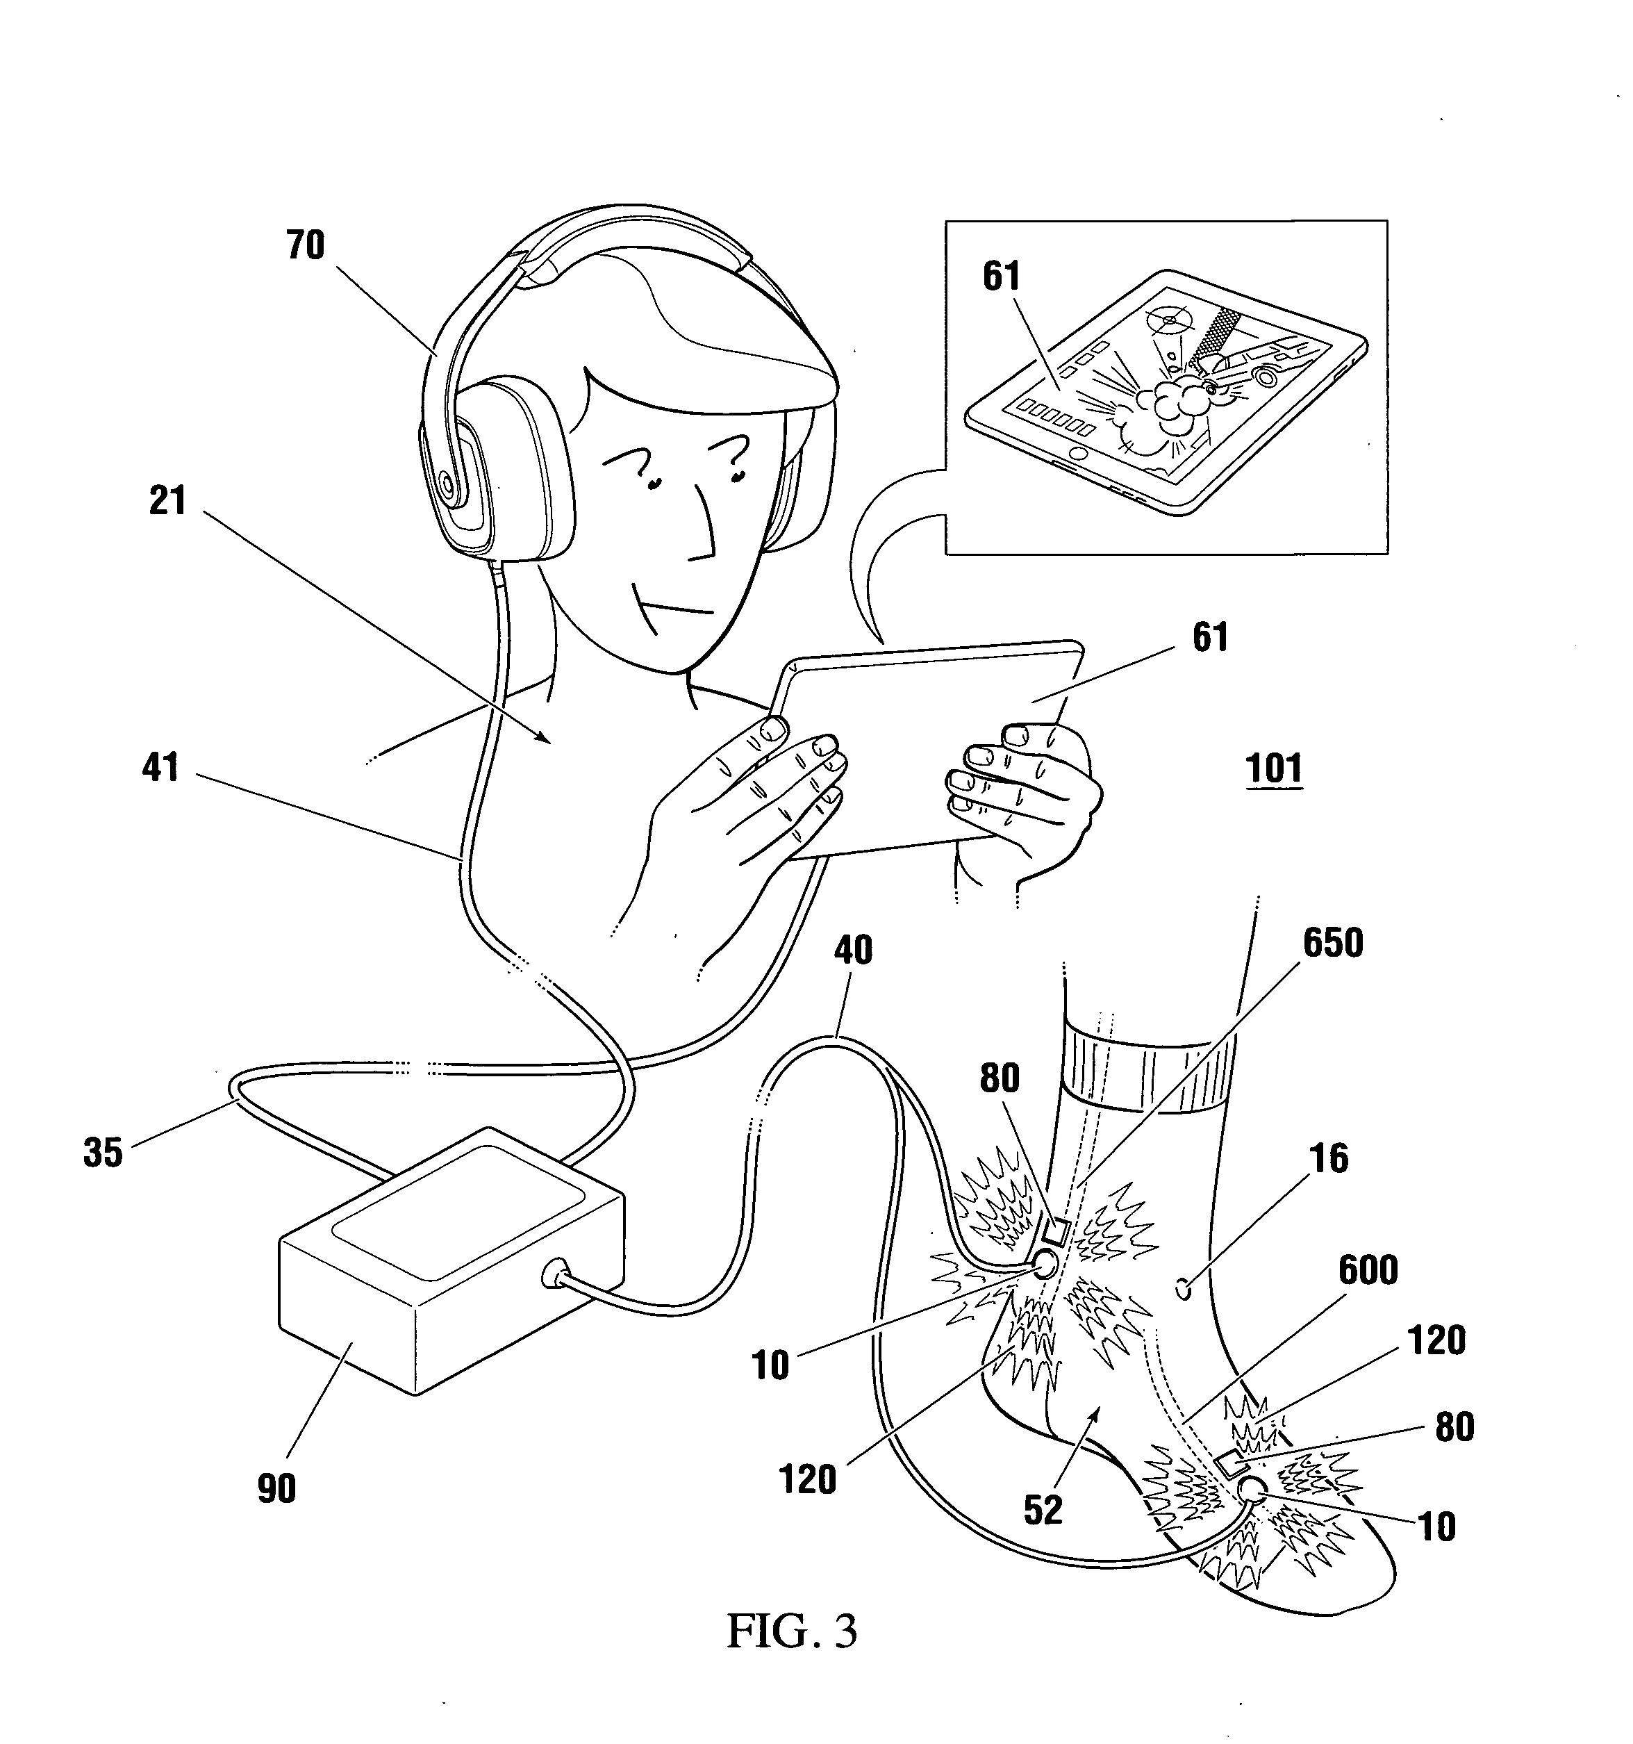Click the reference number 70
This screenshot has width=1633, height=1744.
[x=305, y=246]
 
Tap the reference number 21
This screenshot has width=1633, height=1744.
[x=167, y=501]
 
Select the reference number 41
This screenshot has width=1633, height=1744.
[x=160, y=768]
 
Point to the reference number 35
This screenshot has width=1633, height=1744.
[x=103, y=1152]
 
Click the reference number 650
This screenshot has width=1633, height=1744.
[x=1333, y=943]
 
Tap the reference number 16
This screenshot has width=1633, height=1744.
[x=1328, y=1158]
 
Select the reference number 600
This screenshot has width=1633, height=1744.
[x=1369, y=1269]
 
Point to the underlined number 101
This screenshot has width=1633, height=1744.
[x=1275, y=768]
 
